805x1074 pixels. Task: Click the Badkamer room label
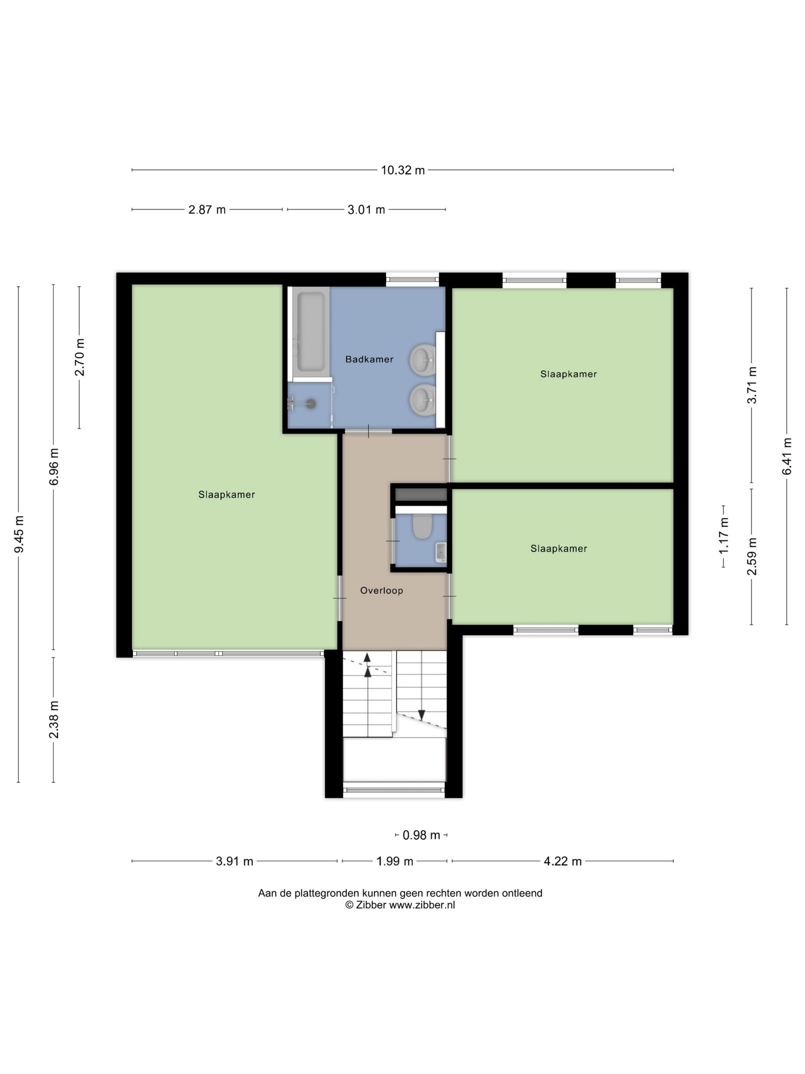point(369,359)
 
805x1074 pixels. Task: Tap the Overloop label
point(381,590)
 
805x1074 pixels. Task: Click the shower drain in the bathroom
point(310,404)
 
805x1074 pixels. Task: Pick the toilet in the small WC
point(422,526)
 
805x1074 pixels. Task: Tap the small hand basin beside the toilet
point(440,552)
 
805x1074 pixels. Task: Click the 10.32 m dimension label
point(403,170)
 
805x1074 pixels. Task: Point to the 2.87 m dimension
point(207,210)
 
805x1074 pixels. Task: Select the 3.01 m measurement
point(366,210)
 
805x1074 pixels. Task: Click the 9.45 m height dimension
point(19,534)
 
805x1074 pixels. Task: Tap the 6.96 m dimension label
point(54,466)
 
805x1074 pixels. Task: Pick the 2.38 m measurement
point(54,720)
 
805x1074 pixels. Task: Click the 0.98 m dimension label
point(421,835)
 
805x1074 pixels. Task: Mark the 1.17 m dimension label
point(724,535)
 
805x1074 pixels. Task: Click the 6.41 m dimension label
point(787,456)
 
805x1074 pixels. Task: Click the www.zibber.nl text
point(422,904)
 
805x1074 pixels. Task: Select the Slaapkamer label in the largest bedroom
point(227,495)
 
